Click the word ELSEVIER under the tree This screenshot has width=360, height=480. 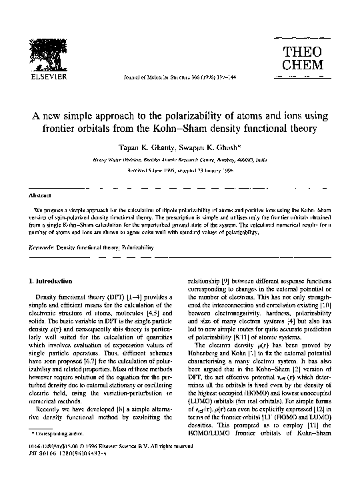43,76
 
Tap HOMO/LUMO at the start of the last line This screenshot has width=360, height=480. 210,445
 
